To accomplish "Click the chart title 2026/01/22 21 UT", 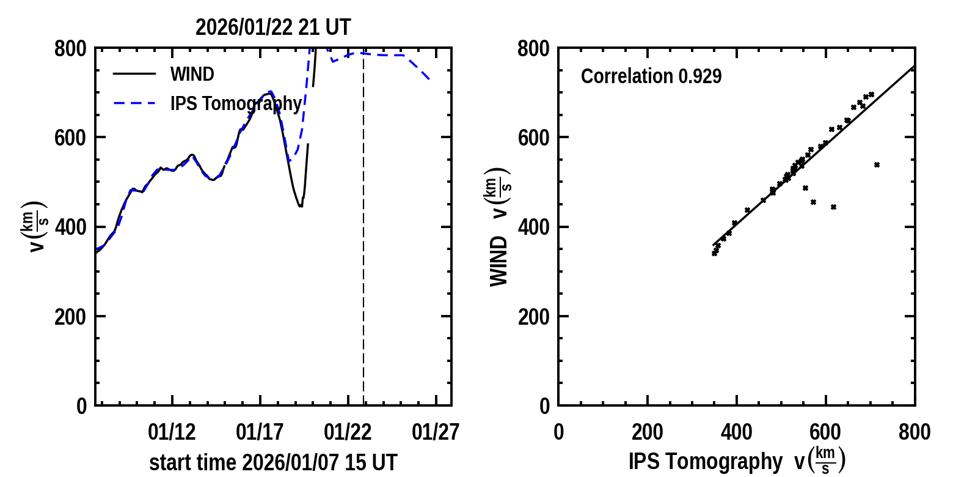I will [273, 28].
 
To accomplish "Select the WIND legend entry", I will [192, 74].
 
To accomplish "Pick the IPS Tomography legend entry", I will [236, 104].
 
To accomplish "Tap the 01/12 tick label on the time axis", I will [172, 432].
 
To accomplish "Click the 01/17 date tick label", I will [260, 432].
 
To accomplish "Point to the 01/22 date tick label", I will [348, 432].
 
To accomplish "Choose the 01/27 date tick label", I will [436, 432].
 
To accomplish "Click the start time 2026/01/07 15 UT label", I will [273, 462].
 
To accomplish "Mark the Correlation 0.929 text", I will [651, 76].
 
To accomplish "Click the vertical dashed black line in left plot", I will [363, 245].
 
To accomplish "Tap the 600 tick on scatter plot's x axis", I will [825, 432].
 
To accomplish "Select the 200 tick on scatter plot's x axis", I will [647, 432].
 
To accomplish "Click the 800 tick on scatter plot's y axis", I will [533, 49].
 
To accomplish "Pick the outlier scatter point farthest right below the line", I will [877, 165].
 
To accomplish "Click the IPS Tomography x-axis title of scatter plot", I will [736, 461].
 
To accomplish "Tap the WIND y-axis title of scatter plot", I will [499, 261].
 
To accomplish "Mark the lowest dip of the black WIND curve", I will [300, 206].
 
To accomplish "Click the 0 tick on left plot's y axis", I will [82, 406].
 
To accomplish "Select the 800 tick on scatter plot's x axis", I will [915, 432].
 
